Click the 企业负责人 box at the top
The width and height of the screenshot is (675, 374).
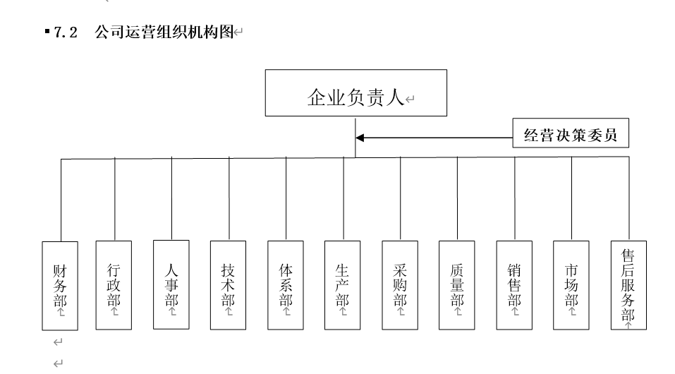click(355, 92)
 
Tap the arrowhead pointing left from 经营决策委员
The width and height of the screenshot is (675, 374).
click(360, 138)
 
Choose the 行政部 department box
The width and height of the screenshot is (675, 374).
click(114, 286)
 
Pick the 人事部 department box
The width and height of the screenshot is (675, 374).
click(171, 286)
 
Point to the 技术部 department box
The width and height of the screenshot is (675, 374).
click(229, 286)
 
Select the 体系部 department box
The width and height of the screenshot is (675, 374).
click(286, 286)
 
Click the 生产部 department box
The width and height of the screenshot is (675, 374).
click(343, 286)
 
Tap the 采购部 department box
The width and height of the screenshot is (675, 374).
click(400, 286)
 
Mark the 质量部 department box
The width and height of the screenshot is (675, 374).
click(457, 286)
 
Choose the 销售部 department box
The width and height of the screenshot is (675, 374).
click(514, 286)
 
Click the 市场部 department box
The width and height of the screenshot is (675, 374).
click(571, 286)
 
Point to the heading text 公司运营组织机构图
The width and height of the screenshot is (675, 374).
click(164, 34)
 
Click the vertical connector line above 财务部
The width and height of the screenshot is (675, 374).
click(61, 201)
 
